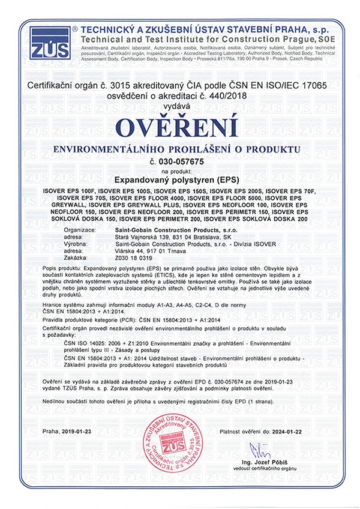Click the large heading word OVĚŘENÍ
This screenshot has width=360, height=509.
[x=179, y=128]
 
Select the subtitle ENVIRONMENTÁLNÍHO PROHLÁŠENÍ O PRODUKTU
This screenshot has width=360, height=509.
[x=179, y=148]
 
